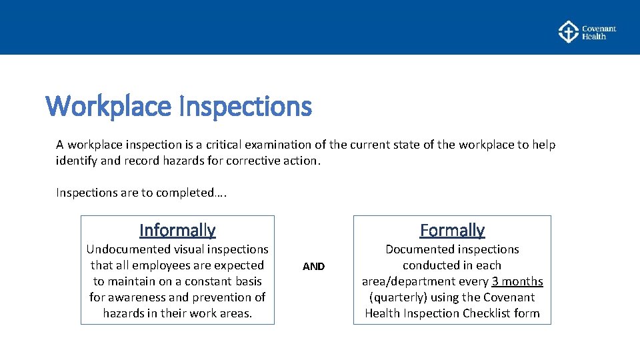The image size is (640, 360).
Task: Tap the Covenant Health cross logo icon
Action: click(x=568, y=32)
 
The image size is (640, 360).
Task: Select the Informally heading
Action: click(x=177, y=231)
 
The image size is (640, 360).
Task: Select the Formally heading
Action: click(x=452, y=231)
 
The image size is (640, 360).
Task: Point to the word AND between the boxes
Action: click(x=313, y=267)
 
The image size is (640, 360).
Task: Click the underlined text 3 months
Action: click(x=517, y=281)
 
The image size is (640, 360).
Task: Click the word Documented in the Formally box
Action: click(x=417, y=249)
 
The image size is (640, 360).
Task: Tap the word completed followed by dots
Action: click(x=189, y=193)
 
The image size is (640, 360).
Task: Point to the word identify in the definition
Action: click(x=77, y=161)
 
